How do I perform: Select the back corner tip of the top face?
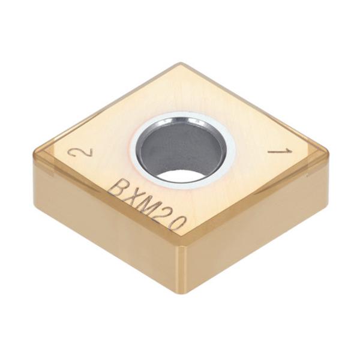click(x=180, y=64)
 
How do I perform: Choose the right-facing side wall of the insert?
click(x=258, y=228)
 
